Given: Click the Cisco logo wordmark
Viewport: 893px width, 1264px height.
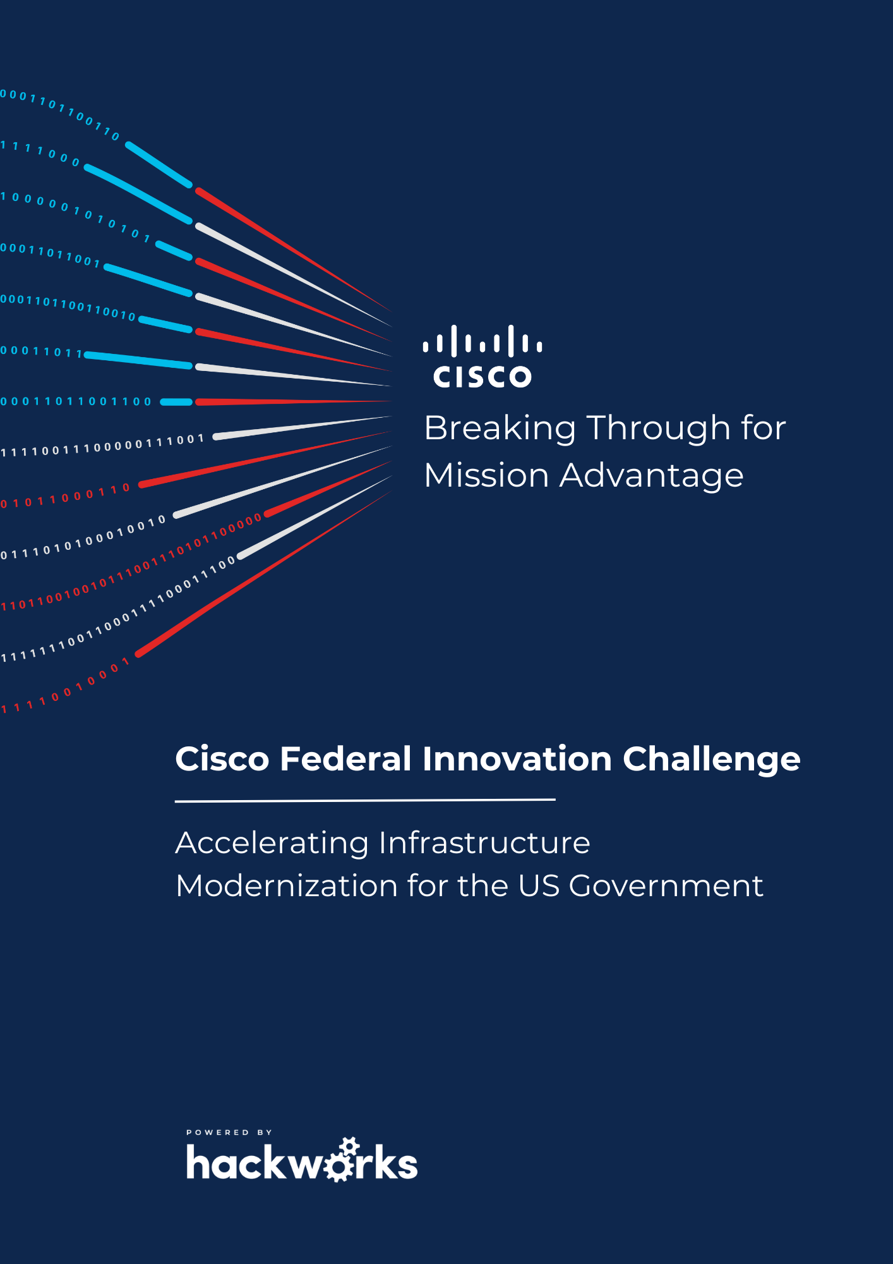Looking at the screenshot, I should click(482, 376).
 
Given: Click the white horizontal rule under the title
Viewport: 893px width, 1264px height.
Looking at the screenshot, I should click(365, 800).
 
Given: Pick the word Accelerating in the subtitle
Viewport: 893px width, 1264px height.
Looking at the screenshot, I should click(272, 844).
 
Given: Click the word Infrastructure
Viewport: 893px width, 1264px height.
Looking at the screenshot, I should click(484, 842).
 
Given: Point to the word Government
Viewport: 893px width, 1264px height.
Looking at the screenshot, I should click(666, 885).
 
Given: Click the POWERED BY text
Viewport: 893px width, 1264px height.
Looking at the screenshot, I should click(229, 1132).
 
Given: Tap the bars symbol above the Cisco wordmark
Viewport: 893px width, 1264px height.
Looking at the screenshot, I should click(482, 341).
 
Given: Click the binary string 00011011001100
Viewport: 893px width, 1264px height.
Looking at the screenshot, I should click(76, 401).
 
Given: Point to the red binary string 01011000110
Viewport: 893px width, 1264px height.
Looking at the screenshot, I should click(65, 496).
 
